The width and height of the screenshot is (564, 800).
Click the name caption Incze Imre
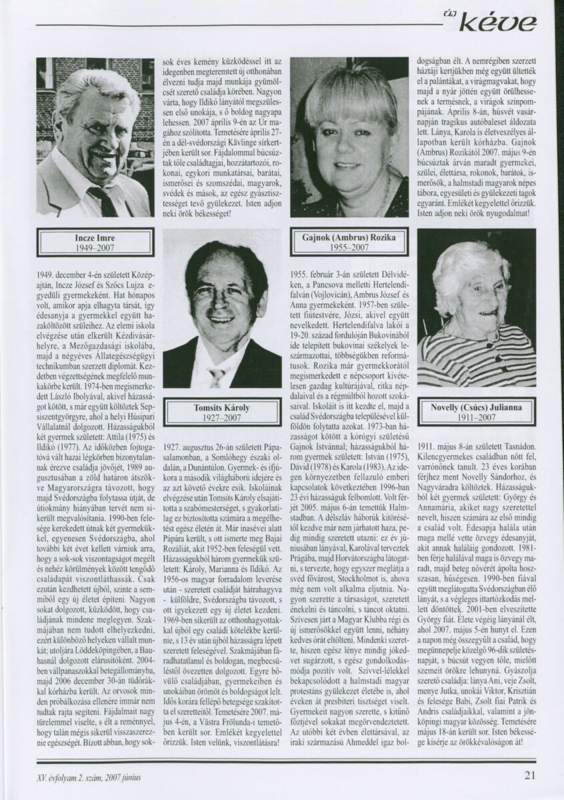click(95, 237)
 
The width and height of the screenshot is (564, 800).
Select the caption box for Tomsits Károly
click(222, 411)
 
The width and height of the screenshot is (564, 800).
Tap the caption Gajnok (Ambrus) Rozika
click(350, 238)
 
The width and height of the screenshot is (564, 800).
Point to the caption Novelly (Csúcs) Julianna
click(477, 411)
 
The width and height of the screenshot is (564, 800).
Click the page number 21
click(529, 775)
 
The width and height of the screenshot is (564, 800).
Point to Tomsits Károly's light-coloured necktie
click(217, 377)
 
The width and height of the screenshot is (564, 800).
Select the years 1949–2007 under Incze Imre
click(95, 247)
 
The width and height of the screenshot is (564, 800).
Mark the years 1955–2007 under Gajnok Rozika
click(350, 247)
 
